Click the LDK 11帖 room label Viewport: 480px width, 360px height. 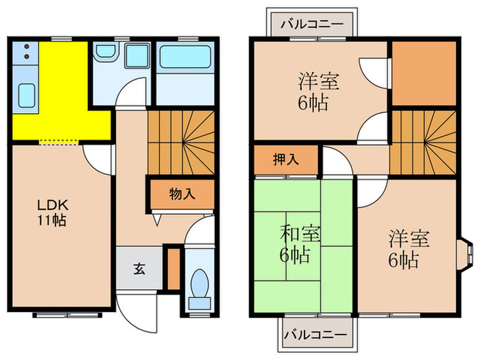[52, 213]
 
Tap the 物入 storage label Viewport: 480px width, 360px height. [182, 194]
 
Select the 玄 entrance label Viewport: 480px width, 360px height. [139, 268]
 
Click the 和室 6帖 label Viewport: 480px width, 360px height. [300, 244]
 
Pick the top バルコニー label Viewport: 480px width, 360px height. [312, 23]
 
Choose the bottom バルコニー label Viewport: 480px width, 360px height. [313, 335]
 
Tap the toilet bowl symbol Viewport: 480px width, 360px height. [200, 282]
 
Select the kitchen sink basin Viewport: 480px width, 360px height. [27, 93]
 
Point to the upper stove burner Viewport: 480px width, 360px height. [25, 47]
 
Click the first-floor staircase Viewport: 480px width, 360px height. [182, 142]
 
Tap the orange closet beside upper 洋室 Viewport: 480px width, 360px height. [423, 73]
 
